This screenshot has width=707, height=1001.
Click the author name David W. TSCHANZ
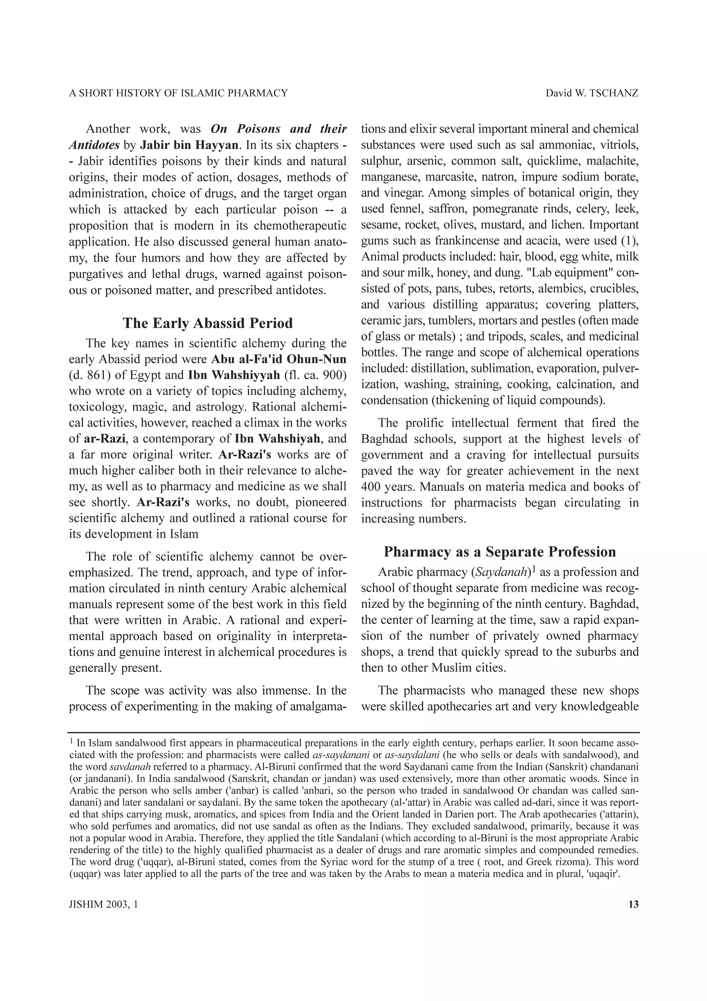592,93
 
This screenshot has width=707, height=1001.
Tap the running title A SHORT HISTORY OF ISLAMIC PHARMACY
178,93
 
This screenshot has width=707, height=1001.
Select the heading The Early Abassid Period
208,323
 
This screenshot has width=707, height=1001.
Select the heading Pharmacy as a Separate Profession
500,552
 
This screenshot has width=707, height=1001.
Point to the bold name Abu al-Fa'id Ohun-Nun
279,359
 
